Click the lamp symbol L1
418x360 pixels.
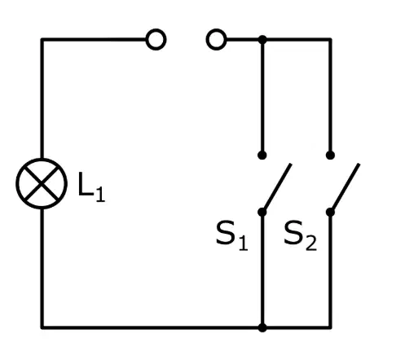tap(42, 183)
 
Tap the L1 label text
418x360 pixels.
tap(91, 187)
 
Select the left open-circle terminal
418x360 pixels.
tap(156, 40)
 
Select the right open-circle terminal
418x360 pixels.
tap(217, 40)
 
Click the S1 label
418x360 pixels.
tap(232, 235)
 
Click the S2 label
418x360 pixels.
tap(300, 235)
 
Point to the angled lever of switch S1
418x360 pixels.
tap(277, 187)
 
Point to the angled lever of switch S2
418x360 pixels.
tap(345, 187)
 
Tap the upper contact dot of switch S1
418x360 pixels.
tap(262, 156)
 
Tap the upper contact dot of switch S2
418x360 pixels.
tap(330, 156)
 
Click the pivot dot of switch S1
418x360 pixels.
tap(262, 212)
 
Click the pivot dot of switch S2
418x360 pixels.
tap(330, 212)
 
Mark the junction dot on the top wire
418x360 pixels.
tap(262, 40)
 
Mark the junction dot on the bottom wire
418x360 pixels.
tap(262, 327)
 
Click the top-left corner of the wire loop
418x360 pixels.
tap(42, 40)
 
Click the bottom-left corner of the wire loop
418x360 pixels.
tap(42, 327)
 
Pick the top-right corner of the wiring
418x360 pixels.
tap(330, 40)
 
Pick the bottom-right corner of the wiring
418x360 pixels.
tap(330, 327)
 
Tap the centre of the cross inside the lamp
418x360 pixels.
tap(42, 183)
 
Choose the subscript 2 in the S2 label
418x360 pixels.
tap(311, 243)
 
